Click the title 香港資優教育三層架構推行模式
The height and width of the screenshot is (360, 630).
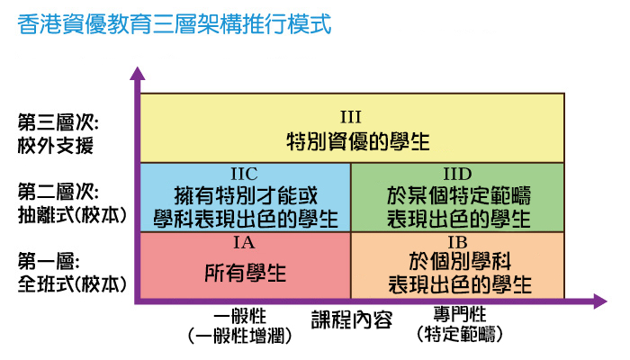click(175, 23)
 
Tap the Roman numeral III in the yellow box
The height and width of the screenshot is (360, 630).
click(351, 116)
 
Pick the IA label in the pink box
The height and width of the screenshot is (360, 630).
click(245, 241)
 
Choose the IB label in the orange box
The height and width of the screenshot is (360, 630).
click(458, 241)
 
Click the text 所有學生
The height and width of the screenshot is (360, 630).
click(245, 271)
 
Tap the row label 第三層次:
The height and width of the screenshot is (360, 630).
click(57, 121)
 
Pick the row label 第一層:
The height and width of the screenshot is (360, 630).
click(49, 261)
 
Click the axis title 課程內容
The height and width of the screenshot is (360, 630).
click(352, 319)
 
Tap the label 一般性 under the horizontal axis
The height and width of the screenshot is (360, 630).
click(243, 318)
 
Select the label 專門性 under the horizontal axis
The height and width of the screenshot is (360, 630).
click(459, 314)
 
